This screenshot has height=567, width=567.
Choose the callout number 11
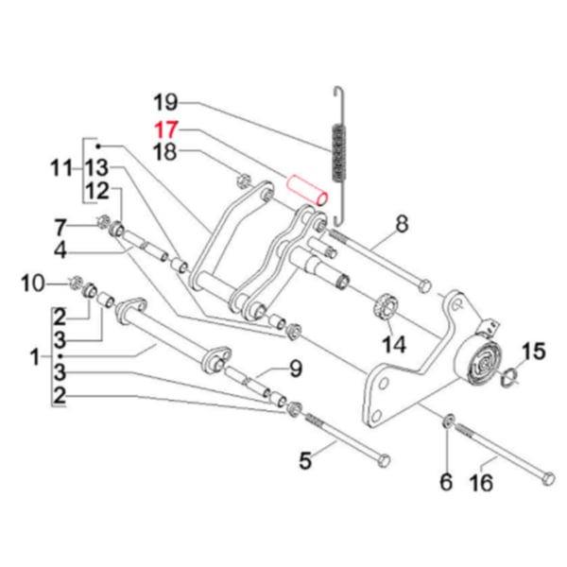(61, 170)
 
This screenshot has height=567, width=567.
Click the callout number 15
(534, 352)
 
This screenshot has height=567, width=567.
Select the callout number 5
(304, 461)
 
